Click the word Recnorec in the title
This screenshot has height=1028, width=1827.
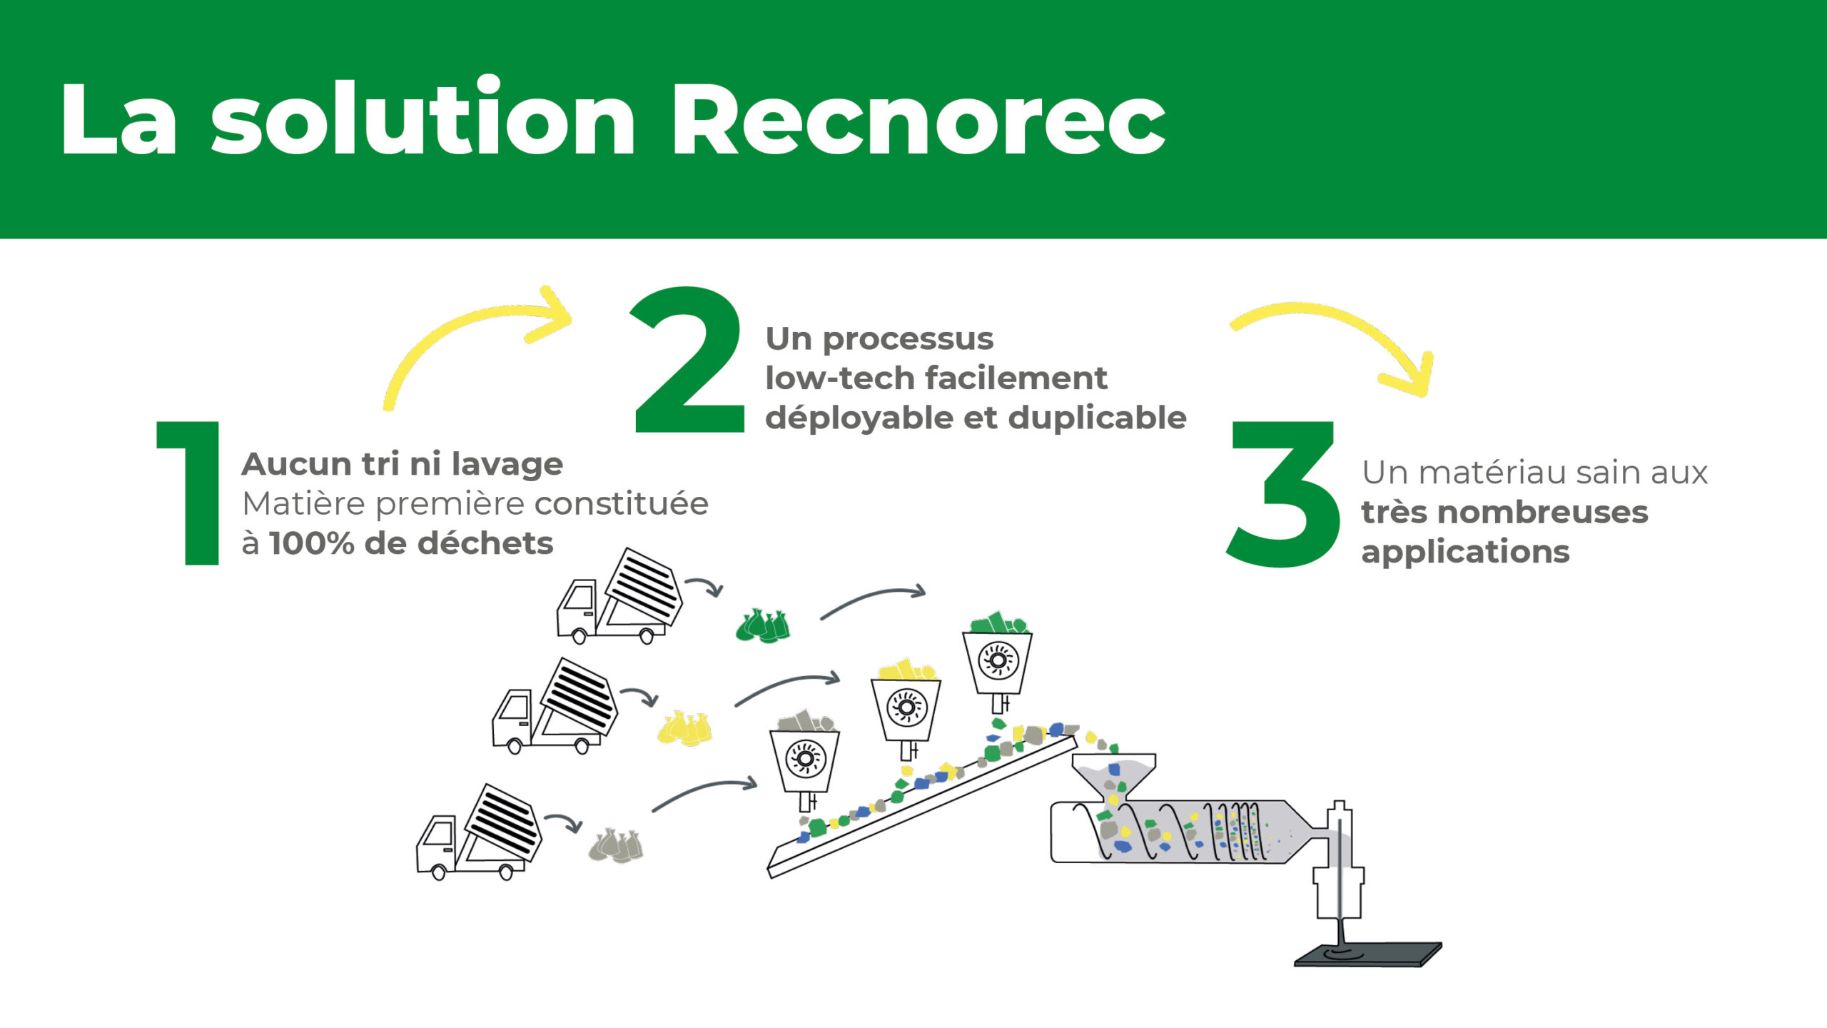point(919,119)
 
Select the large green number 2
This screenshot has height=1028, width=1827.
point(688,360)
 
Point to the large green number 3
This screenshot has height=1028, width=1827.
point(1283,494)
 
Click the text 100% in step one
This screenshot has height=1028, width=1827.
point(312,543)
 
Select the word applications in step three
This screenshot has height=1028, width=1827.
point(1465,552)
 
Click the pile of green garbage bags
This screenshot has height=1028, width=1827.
point(763,626)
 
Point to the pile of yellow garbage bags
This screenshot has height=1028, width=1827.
point(684,728)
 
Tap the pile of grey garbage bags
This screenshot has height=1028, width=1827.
point(616,846)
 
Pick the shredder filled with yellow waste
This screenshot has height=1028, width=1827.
point(906,711)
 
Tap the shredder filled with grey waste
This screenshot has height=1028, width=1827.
point(804,761)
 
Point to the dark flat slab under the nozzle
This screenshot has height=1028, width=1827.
point(1367,954)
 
